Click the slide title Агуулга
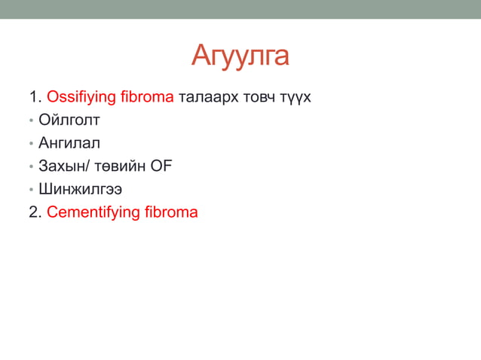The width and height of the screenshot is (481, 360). (240, 55)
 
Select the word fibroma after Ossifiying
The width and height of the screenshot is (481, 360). (149, 97)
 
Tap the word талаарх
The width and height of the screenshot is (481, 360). (206, 97)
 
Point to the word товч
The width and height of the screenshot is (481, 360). (254, 97)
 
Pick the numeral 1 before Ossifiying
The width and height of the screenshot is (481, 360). (32, 97)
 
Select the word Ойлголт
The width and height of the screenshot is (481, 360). (75, 121)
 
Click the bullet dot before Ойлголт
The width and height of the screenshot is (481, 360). (32, 121)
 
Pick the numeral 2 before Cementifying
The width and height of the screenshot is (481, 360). (32, 212)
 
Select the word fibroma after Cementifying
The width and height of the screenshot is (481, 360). (171, 212)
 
